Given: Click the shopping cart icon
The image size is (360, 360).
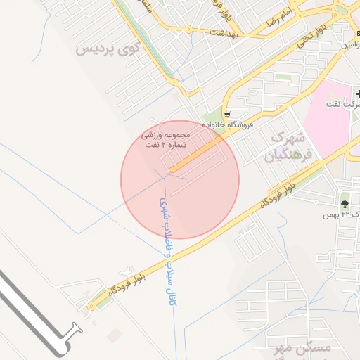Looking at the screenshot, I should [226, 114].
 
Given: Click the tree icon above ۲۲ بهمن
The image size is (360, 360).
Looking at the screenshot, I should [345, 202].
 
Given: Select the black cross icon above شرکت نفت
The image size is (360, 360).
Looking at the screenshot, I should [357, 93].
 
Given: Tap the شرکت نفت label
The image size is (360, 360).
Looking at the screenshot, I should [343, 104].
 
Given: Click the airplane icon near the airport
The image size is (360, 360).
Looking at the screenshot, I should [127, 270].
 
